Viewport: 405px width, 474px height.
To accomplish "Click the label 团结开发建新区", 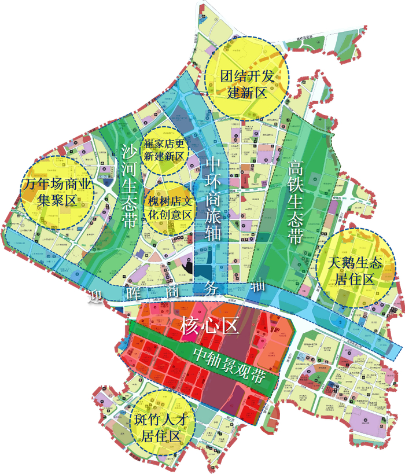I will [x=247, y=84].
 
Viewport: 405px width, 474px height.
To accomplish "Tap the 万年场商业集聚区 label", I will [x=56, y=193].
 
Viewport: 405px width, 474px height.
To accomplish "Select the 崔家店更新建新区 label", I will [x=164, y=149].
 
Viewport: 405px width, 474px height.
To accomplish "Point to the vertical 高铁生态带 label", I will [x=296, y=203].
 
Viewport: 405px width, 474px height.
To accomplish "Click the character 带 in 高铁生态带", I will [x=296, y=237].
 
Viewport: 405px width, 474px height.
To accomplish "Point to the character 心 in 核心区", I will [x=209, y=326].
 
